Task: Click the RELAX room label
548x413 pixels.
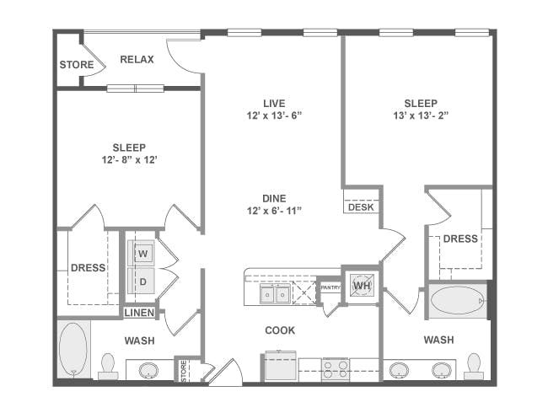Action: (137, 59)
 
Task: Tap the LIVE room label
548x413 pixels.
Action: (274, 104)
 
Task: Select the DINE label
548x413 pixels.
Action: (274, 198)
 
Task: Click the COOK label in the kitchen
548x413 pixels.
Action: (280, 330)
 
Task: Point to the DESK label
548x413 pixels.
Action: (361, 207)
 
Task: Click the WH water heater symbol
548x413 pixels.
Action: (362, 286)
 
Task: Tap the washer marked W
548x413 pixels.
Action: (142, 253)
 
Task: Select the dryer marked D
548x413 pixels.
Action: (142, 281)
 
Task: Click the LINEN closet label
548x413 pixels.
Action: (139, 313)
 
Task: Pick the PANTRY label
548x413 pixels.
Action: (330, 287)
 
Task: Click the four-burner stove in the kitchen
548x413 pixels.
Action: (336, 369)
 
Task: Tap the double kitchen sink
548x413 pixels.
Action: (275, 294)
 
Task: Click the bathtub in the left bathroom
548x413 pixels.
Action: (73, 349)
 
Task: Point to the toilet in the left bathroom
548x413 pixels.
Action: (108, 367)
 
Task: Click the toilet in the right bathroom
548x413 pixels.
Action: (474, 367)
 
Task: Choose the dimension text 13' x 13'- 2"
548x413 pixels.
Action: (421, 115)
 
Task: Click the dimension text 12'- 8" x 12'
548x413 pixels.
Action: (129, 160)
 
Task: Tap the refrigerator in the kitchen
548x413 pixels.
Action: (280, 366)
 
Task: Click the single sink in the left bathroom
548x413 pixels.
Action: (148, 370)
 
